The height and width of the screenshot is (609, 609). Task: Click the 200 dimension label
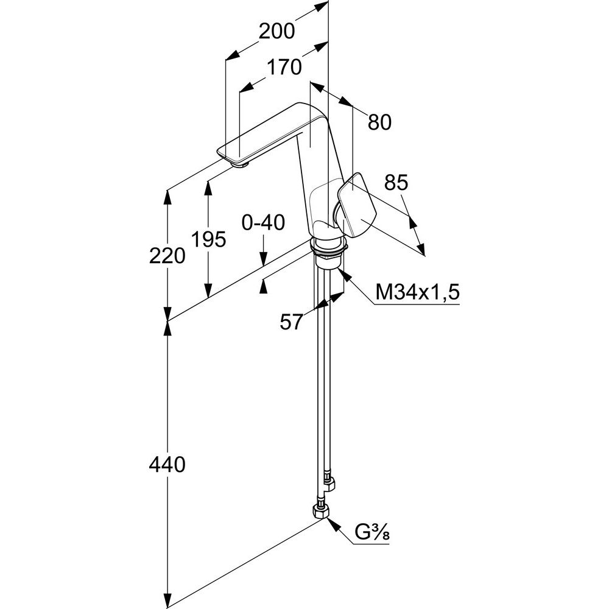[x=276, y=31]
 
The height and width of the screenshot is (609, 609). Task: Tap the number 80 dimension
[x=379, y=122]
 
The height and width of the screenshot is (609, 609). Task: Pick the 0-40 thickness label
[x=263, y=224]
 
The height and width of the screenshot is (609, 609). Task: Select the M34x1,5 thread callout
[x=417, y=293]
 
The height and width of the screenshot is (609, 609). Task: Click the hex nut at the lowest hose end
[x=320, y=511]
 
